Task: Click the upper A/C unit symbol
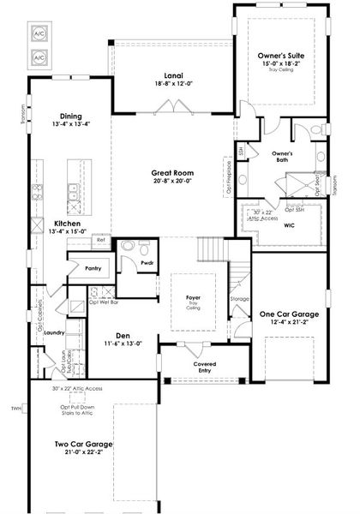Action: (39, 33)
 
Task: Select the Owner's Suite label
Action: (281, 55)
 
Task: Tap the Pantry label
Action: (93, 268)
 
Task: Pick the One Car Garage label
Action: (289, 314)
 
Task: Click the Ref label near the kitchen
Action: (100, 240)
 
